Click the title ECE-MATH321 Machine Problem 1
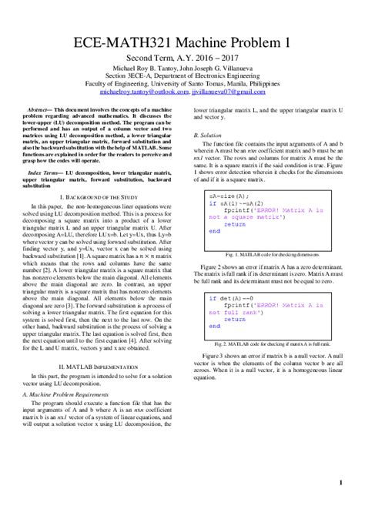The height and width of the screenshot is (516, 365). click(x=182, y=42)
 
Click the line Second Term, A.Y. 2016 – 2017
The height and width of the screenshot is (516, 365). click(x=182, y=59)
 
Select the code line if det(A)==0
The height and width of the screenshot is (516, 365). click(x=231, y=297)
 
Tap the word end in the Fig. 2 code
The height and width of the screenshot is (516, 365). click(x=213, y=326)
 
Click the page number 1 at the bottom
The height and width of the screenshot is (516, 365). click(x=340, y=483)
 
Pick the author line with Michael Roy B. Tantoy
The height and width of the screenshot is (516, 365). click(x=182, y=69)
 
